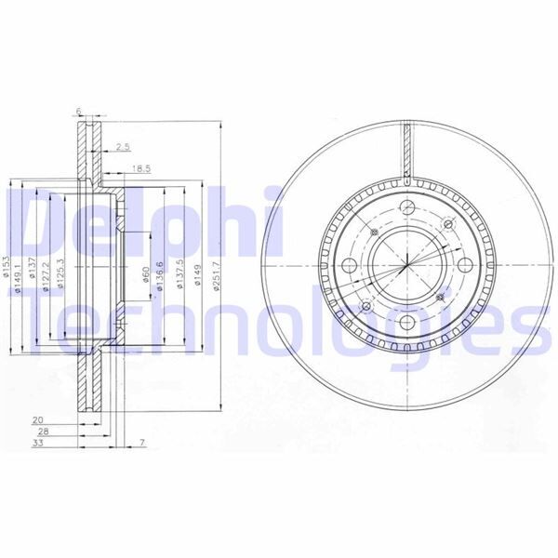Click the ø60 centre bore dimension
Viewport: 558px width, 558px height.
[146, 275]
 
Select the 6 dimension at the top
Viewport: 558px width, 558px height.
[80, 112]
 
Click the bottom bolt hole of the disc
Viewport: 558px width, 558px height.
[407, 323]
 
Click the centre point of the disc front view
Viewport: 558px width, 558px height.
[407, 266]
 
